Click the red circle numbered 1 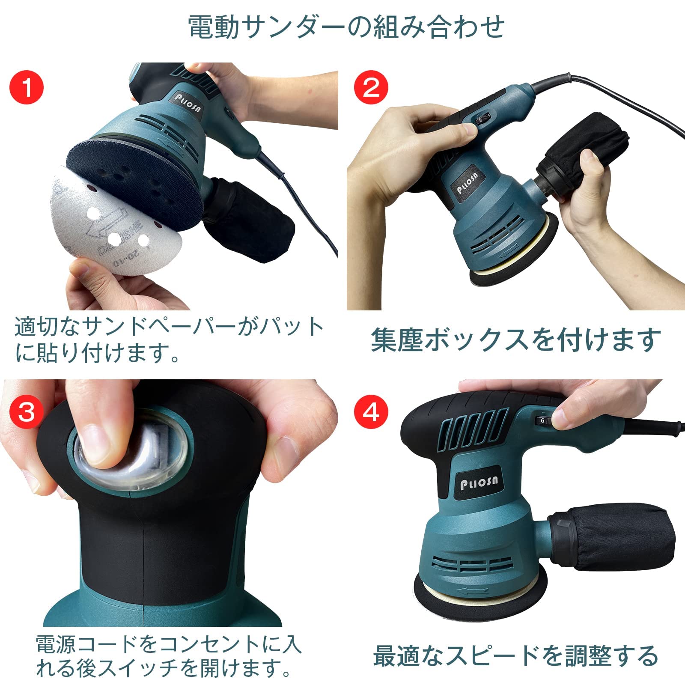27,87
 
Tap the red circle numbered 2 371,87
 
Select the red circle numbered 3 27,412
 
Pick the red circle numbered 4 371,412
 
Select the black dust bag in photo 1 253,218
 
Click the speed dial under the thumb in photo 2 481,121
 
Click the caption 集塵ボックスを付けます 516,340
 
